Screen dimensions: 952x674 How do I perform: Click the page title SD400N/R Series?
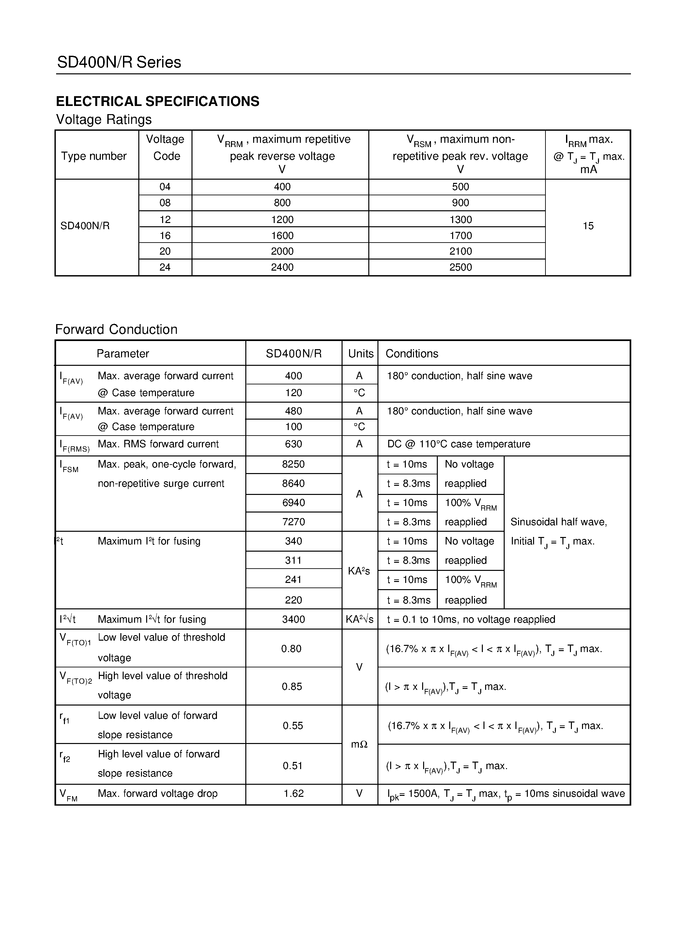119,62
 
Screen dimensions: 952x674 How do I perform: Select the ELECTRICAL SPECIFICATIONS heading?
157,101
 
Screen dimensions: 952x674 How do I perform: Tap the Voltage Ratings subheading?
104,119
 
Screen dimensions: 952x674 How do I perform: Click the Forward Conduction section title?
116,329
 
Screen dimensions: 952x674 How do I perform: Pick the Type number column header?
94,156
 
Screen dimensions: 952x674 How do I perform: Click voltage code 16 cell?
165,235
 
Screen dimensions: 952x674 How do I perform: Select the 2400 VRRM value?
282,267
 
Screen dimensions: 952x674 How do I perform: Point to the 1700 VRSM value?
460,235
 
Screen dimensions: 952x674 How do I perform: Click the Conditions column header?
412,353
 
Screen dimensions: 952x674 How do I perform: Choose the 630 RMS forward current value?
293,444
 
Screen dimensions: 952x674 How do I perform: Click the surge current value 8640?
293,483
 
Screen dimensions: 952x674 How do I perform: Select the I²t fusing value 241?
293,580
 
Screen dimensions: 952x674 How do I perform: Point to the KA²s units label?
359,571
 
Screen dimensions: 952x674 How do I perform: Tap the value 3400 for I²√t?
293,619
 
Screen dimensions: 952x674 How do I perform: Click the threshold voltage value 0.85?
292,687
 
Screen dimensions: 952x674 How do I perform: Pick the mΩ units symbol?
359,744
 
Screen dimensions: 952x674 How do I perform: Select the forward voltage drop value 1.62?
293,793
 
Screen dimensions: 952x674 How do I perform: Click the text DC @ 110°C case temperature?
459,444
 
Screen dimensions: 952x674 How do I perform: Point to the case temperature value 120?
293,393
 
